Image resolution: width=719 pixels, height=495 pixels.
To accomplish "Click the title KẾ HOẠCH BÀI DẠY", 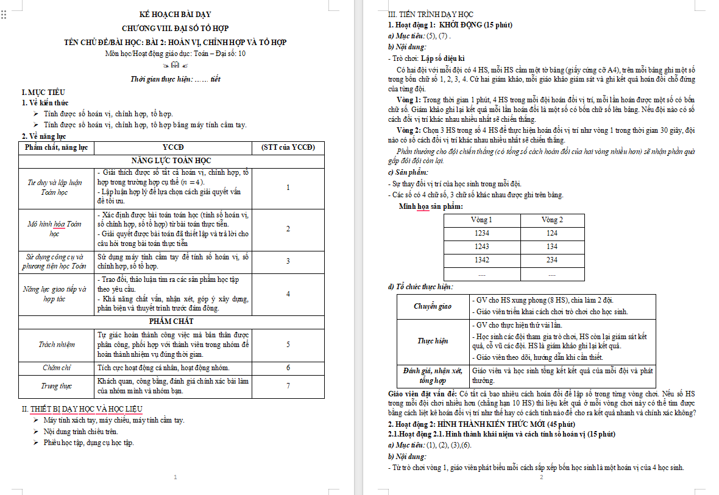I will pyautogui.click(x=175, y=14).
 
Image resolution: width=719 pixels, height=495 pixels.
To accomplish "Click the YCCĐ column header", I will pyautogui.click(x=173, y=147).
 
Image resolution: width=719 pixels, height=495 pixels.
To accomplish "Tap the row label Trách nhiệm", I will pyautogui.click(x=57, y=345).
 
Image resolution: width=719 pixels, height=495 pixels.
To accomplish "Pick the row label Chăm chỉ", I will pyautogui.click(x=57, y=368).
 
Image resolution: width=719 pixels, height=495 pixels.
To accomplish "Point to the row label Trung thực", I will pyautogui.click(x=57, y=385).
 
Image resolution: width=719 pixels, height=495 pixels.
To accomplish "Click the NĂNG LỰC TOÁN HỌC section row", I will pyautogui.click(x=171, y=160).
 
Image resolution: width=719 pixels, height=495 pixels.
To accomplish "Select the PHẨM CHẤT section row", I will pyautogui.click(x=171, y=321).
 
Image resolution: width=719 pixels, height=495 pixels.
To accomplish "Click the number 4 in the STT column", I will pyautogui.click(x=288, y=294).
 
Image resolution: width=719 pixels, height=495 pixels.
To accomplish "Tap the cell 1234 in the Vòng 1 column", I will pyautogui.click(x=481, y=233).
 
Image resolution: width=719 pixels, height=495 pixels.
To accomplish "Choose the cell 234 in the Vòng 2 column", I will pyautogui.click(x=551, y=260).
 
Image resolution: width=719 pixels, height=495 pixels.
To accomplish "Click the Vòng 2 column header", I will pyautogui.click(x=551, y=220).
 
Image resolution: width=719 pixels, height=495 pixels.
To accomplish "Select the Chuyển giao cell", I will pyautogui.click(x=433, y=306).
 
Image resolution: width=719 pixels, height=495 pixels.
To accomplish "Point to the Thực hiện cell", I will pyautogui.click(x=433, y=341).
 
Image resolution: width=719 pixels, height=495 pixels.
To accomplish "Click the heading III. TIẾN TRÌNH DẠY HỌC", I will pyautogui.click(x=431, y=15).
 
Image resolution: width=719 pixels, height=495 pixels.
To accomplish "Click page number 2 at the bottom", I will pyautogui.click(x=541, y=477).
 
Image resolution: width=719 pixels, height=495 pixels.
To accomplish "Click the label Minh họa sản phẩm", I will pyautogui.click(x=430, y=206).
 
